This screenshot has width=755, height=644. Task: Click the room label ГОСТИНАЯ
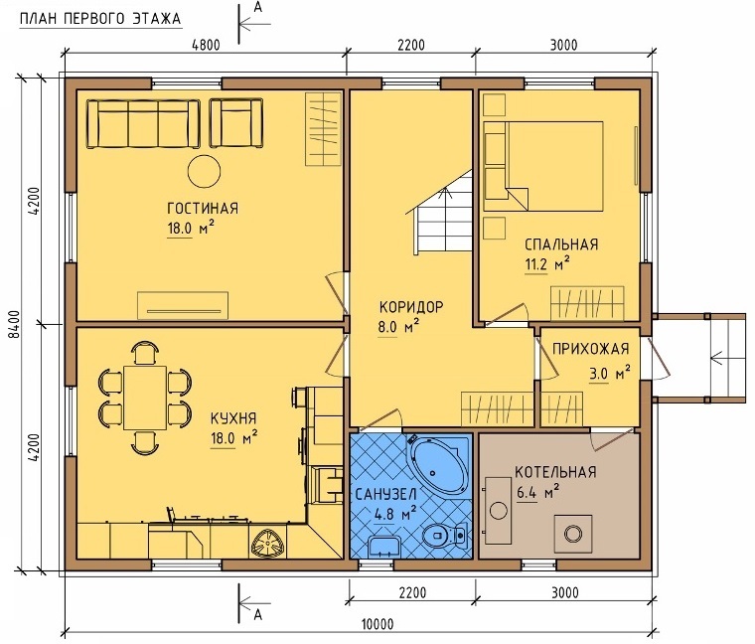click(203, 208)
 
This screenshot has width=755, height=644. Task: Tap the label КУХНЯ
click(233, 417)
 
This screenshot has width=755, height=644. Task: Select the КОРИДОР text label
click(411, 307)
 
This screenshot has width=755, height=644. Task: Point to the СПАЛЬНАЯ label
click(561, 244)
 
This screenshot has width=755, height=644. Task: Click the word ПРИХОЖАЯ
click(590, 348)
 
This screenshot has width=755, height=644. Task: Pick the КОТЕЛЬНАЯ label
click(555, 471)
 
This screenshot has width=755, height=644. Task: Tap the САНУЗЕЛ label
click(385, 494)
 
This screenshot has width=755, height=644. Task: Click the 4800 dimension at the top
click(206, 46)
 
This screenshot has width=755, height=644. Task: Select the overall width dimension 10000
click(377, 624)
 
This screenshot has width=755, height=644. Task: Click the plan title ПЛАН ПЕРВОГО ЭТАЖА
click(100, 19)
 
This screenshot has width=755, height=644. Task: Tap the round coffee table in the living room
click(205, 172)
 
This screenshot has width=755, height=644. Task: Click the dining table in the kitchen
click(145, 398)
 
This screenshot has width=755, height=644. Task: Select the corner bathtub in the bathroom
click(438, 462)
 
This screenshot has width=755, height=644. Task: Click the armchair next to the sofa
click(236, 123)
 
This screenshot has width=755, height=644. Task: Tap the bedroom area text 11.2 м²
click(547, 264)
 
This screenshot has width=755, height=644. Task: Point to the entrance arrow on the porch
click(726, 359)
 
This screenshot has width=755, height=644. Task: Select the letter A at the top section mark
click(257, 7)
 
